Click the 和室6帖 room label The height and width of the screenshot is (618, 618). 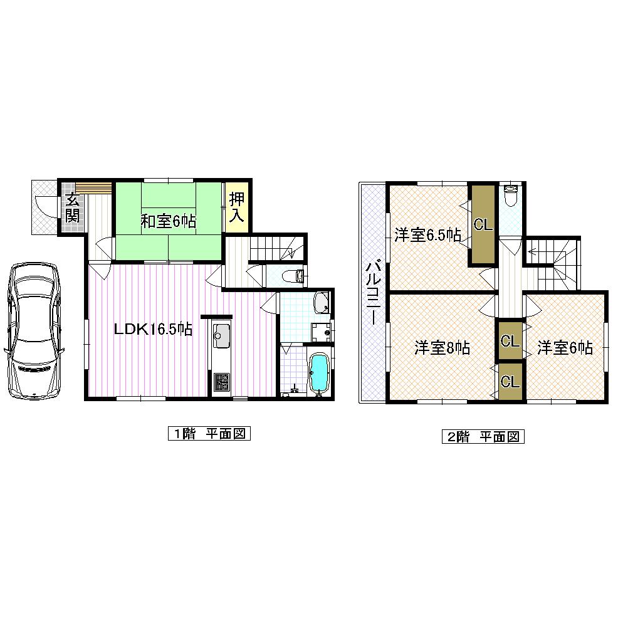pyautogui.click(x=168, y=221)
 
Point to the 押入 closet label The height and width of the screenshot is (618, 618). pyautogui.click(x=236, y=207)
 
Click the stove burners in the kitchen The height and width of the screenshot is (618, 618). pyautogui.click(x=222, y=380)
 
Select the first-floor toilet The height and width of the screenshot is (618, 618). pyautogui.click(x=293, y=275)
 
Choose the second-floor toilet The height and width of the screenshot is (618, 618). pyautogui.click(x=511, y=195)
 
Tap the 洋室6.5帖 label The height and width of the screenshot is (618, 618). pyautogui.click(x=427, y=235)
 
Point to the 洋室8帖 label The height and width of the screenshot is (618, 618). pyautogui.click(x=442, y=348)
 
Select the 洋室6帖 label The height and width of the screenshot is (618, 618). pyautogui.click(x=564, y=348)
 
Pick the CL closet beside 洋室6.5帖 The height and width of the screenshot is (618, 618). pyautogui.click(x=483, y=224)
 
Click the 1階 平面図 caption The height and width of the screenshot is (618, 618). pyautogui.click(x=209, y=433)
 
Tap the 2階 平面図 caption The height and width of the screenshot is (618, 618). pyautogui.click(x=483, y=436)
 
